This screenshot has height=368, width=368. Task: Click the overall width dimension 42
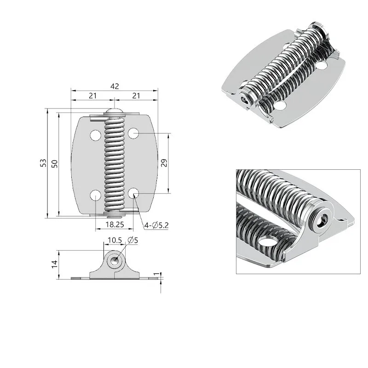click(115, 86)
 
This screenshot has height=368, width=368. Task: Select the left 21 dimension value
click(93, 96)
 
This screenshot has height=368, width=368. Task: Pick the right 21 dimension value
click(136, 96)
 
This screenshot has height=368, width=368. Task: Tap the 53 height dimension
click(43, 163)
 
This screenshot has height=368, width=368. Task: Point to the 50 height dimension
click(54, 164)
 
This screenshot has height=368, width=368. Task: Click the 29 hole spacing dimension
click(164, 163)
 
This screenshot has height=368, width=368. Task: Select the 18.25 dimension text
click(115, 224)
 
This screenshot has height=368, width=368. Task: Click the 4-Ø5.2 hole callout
click(156, 225)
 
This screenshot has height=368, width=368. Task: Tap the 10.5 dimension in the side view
click(115, 240)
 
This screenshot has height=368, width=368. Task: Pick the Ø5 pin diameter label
click(132, 240)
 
